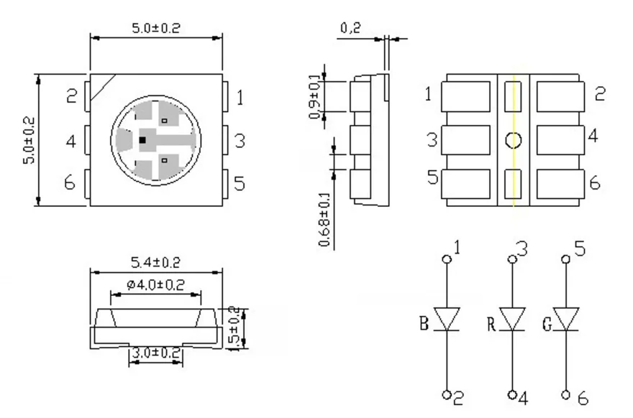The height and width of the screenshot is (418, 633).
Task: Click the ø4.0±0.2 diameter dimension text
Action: [155, 285]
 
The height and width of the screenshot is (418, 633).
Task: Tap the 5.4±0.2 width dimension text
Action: [155, 261]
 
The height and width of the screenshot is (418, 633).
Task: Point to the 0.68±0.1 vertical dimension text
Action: [325, 219]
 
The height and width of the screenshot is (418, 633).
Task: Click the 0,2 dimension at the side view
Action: [350, 28]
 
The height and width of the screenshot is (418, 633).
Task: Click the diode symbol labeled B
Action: [448, 320]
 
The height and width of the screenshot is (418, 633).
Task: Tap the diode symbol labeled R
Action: [513, 320]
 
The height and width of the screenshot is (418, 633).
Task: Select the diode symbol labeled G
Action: [566, 320]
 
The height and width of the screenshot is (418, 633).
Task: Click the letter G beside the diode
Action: [547, 323]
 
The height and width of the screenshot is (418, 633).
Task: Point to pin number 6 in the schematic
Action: [583, 396]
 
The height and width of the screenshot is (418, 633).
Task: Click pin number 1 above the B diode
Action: [459, 249]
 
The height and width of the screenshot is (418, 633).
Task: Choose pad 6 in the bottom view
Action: [560, 183]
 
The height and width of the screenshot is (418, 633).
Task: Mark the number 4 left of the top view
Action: [70, 140]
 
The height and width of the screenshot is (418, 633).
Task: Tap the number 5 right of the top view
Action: [240, 183]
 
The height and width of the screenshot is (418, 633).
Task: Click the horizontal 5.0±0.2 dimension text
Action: [155, 28]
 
